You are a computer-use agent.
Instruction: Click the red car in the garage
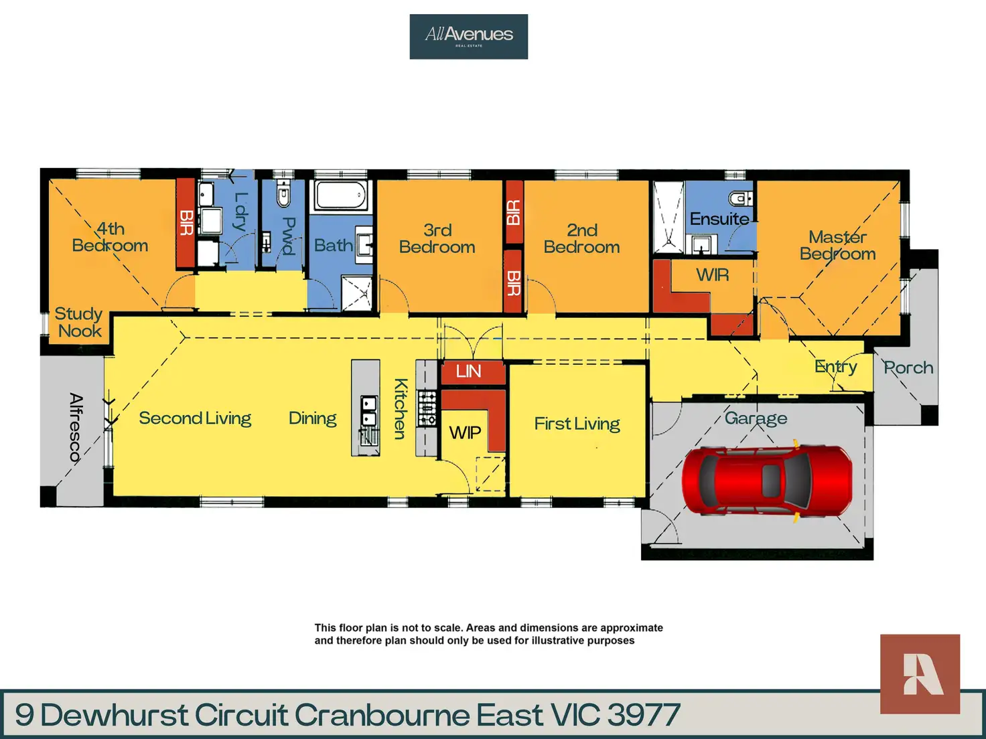point(767,480)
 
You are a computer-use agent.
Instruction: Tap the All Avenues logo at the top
point(469,36)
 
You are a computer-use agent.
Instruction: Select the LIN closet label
point(469,372)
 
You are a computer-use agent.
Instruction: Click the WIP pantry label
point(465,432)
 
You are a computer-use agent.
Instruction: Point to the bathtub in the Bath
point(341,196)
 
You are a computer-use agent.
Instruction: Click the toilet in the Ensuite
point(741,198)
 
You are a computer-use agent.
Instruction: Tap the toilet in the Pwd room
point(283,195)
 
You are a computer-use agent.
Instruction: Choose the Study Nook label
point(79,322)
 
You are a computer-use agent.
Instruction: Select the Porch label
point(908,367)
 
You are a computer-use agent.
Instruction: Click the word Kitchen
point(401,408)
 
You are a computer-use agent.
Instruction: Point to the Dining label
point(312,418)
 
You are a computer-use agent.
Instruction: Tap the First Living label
point(577,424)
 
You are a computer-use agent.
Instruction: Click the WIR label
point(712,275)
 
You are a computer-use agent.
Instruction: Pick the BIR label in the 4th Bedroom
point(186,222)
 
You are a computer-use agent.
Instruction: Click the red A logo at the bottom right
point(920,673)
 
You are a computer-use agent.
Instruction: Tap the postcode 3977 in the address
point(644,715)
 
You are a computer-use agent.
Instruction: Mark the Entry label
point(835,366)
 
